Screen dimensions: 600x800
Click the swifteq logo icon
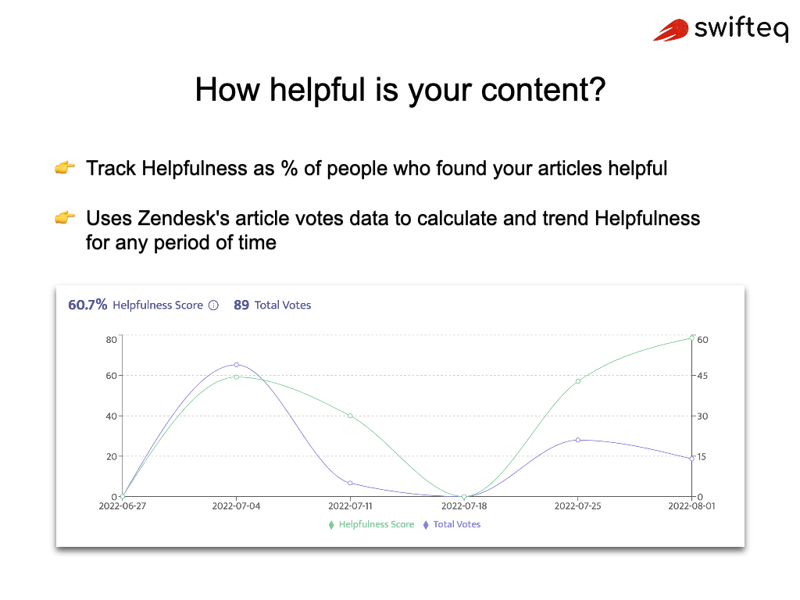671,30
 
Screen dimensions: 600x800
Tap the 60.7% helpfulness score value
87,305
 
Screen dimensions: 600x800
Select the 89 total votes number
241,305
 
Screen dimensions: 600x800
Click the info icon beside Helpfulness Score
213,305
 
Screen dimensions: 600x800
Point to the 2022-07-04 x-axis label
236,506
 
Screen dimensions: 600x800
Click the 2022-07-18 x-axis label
464,506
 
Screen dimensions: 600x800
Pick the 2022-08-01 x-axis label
692,506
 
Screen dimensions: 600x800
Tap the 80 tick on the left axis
111,340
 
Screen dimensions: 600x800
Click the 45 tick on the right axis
702,376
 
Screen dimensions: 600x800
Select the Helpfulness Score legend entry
372,524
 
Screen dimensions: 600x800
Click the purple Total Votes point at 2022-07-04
236,365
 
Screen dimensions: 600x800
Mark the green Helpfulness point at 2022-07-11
350,416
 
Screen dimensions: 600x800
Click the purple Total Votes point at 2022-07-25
578,440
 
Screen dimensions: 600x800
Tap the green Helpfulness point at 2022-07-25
578,381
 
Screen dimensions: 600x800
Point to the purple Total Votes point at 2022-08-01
692,459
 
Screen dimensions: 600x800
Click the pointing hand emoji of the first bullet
65,168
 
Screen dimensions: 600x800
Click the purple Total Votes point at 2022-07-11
350,483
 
